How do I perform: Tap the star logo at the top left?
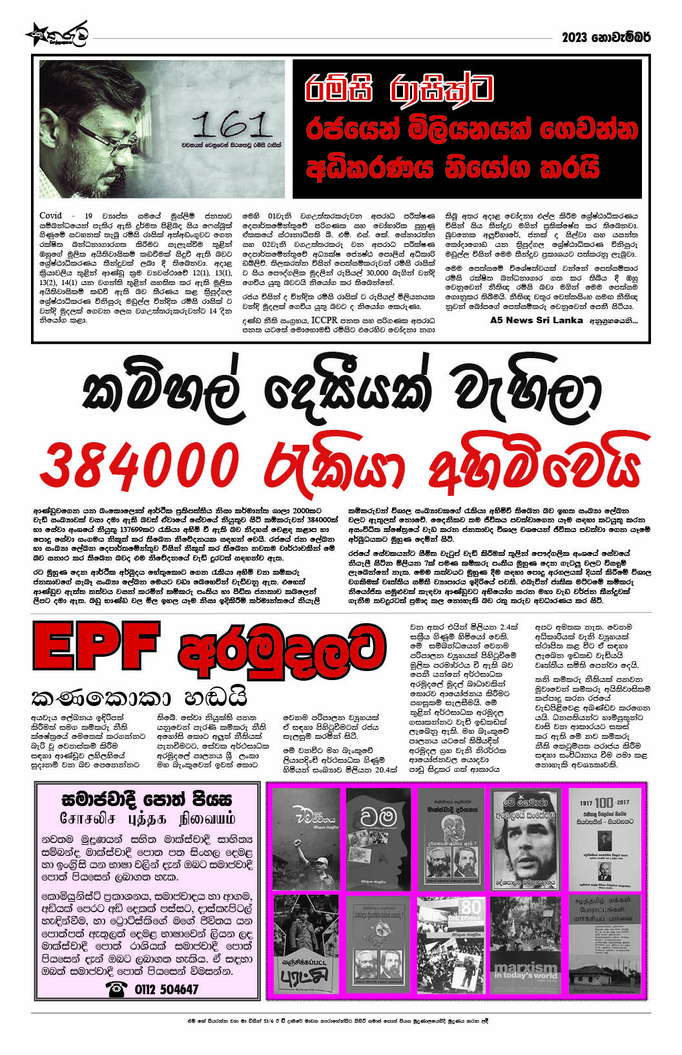click(x=36, y=34)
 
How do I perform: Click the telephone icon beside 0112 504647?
click(x=116, y=989)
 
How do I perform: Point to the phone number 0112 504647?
click(x=167, y=989)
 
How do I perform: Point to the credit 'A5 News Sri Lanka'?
click(x=536, y=320)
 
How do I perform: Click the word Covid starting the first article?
click(x=51, y=215)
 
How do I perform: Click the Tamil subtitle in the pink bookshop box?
click(x=147, y=818)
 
